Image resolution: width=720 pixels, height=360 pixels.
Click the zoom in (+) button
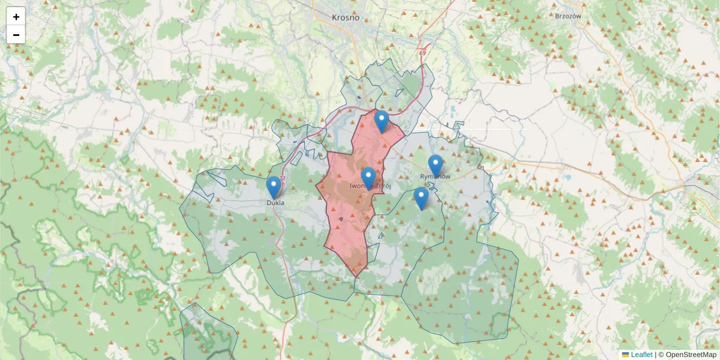(x=16, y=16)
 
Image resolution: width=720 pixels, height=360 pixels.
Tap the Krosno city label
(x=346, y=17)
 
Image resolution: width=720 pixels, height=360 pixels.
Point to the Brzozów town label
(x=569, y=16)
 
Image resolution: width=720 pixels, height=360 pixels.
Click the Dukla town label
(x=275, y=203)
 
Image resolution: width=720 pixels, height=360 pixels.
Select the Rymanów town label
(x=435, y=177)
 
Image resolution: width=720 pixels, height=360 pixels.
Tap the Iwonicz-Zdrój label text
(x=370, y=187)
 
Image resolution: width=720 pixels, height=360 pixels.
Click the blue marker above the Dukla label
(x=274, y=187)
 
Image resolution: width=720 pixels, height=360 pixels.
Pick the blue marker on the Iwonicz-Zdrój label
(x=368, y=178)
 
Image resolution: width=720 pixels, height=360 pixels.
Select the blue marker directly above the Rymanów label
(x=436, y=165)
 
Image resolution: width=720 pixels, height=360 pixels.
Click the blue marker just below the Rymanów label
(x=421, y=198)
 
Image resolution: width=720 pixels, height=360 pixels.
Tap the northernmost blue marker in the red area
(x=382, y=121)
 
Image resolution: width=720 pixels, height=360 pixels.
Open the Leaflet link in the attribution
(x=641, y=355)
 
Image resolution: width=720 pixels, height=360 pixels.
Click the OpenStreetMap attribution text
(x=691, y=355)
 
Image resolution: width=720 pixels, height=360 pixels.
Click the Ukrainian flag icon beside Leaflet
(x=625, y=355)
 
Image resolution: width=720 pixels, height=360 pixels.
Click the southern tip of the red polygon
(x=355, y=277)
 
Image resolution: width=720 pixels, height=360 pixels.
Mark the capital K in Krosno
(x=334, y=17)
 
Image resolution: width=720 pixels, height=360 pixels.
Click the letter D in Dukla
(x=269, y=203)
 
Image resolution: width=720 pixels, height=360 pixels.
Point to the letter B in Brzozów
(x=558, y=16)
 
